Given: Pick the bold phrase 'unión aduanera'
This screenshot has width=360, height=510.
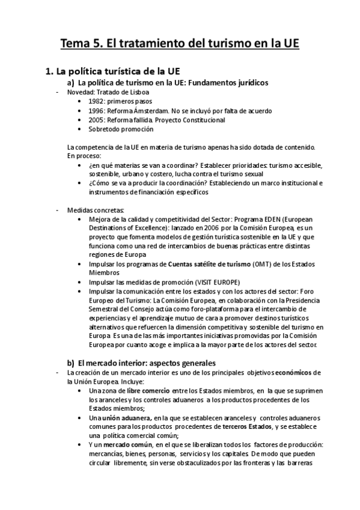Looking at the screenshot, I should (125, 418).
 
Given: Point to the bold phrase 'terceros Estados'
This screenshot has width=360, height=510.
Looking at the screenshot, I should (248, 426).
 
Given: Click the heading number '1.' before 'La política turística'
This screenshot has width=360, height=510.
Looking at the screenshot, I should (50, 72).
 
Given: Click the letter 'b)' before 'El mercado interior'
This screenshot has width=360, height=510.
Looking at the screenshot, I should (70, 362).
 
